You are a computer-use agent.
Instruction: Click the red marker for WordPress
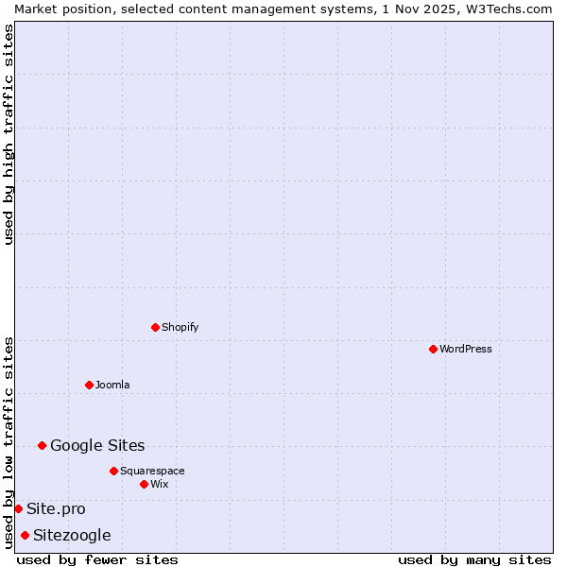[433, 349]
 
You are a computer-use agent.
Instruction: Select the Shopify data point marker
[155, 327]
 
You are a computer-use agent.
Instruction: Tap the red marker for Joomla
[89, 385]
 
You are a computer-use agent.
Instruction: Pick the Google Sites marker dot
[42, 445]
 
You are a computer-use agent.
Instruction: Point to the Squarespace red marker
[113, 471]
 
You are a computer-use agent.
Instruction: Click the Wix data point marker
[144, 484]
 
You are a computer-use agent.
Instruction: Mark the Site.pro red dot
[18, 508]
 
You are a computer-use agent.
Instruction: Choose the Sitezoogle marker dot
[25, 535]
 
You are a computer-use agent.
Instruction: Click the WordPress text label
[466, 349]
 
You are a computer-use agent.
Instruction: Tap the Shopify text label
[180, 327]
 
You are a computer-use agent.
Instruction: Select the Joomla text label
[112, 385]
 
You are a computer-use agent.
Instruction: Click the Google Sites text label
[97, 445]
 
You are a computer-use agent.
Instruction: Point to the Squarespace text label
[152, 471]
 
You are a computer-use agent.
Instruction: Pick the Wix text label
[160, 484]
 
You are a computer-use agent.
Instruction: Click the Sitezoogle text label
[72, 535]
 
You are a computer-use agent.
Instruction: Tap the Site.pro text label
[56, 508]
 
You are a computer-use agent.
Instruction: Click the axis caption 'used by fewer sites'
[97, 559]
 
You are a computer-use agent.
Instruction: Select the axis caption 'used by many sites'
[474, 559]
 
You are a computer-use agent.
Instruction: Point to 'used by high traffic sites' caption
[9, 134]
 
